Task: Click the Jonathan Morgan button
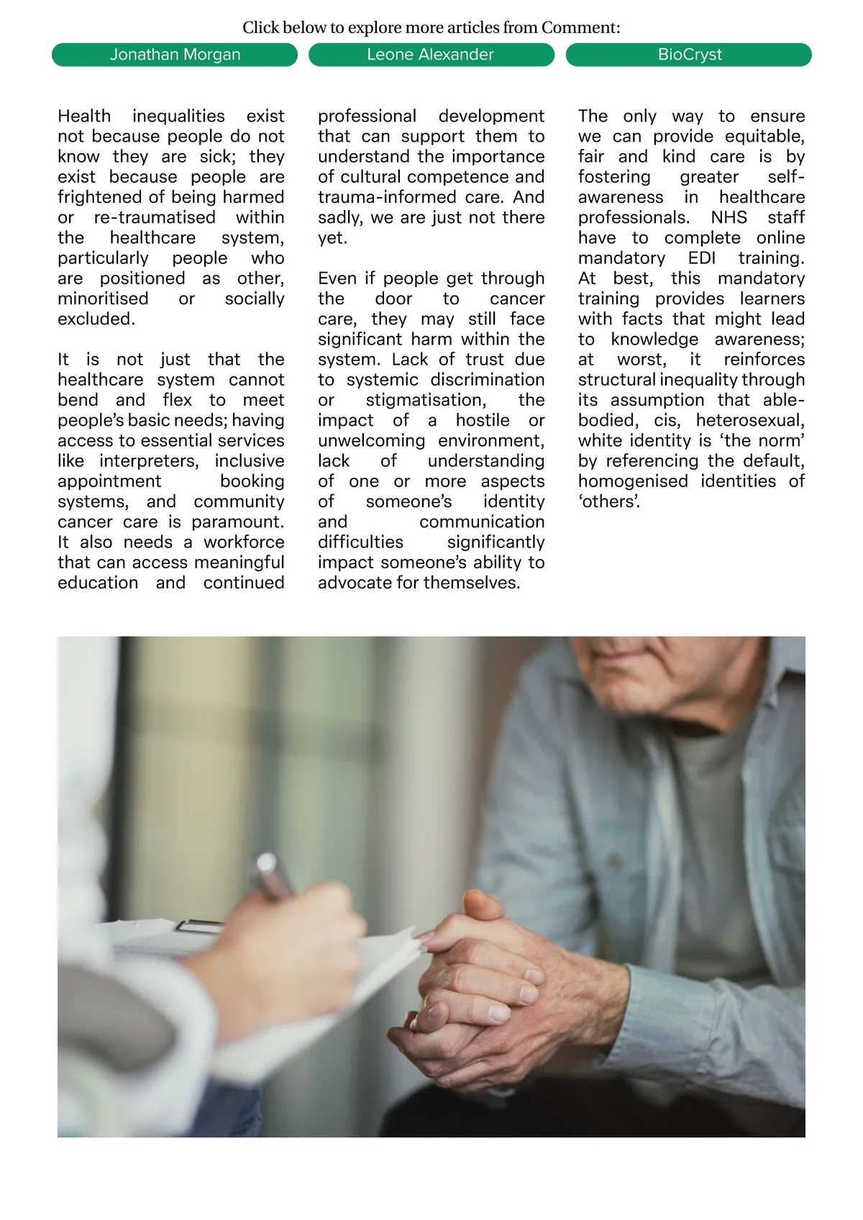[x=175, y=55]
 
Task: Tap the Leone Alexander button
[x=431, y=55]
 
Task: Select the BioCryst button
[x=689, y=55]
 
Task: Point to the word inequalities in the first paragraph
[x=178, y=117]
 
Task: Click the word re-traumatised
[x=155, y=218]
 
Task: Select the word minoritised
[x=103, y=299]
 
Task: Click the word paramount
[x=237, y=522]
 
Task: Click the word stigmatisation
[x=426, y=400]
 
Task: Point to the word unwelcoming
[x=371, y=440]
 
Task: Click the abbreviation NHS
[x=729, y=218]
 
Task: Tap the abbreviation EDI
[x=701, y=258]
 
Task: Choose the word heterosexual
[x=749, y=420]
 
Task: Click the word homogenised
[x=633, y=481]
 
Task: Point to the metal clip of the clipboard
[x=200, y=926]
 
